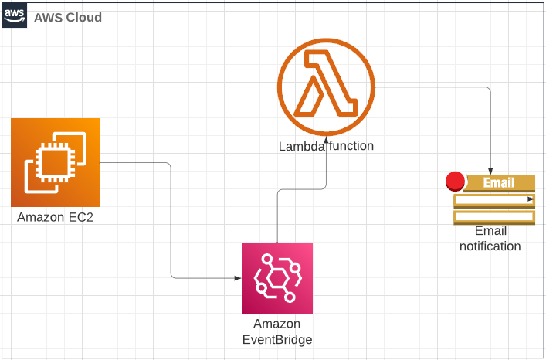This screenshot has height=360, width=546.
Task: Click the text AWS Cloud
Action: pos(68,18)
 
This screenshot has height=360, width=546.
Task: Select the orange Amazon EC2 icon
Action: pos(56,162)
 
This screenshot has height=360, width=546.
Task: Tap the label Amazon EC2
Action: pos(56,218)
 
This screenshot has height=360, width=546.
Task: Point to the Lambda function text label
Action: pos(326,145)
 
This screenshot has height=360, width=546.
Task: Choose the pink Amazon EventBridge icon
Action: pos(276,277)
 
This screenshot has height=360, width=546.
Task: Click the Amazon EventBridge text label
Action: pos(276,331)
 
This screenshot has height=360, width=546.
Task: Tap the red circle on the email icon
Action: pos(456,182)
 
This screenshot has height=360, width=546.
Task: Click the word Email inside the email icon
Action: pos(498,183)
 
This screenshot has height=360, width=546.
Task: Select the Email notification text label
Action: pos(490,238)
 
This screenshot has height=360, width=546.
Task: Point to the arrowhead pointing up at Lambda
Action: pos(326,141)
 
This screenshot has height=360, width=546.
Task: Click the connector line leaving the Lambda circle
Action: pos(432,87)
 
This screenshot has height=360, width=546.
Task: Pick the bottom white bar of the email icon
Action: pos(495,216)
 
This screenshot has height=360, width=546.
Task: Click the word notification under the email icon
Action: pos(490,246)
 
